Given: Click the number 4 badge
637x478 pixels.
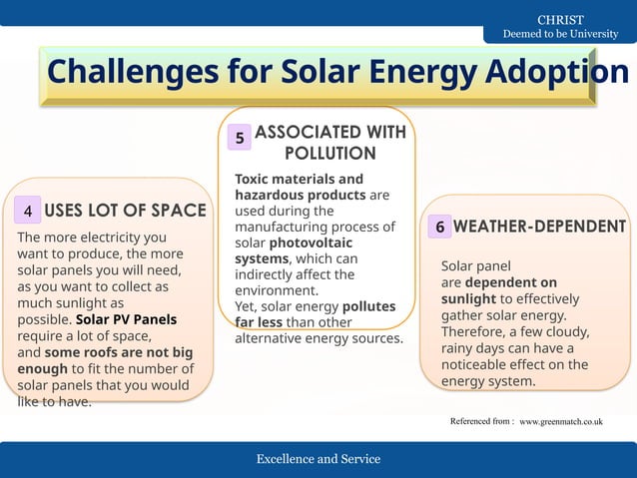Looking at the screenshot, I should tap(28, 211).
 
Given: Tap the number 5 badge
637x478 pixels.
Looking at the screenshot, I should tap(240, 138).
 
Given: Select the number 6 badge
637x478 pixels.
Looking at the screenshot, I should tap(439, 228).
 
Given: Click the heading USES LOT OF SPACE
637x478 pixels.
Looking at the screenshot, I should tap(126, 211).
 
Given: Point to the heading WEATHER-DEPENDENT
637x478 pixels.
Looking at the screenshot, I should tap(539, 227).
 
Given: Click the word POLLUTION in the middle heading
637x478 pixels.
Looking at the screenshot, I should tap(329, 154).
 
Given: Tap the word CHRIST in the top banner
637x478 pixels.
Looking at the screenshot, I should tap(560, 20).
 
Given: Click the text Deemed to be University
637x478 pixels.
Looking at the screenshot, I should tap(560, 34).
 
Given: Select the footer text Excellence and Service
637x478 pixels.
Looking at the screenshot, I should tap(318, 459).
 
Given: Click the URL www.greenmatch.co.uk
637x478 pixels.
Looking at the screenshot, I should tap(561, 422).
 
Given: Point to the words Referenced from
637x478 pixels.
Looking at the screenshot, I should tap(481, 422).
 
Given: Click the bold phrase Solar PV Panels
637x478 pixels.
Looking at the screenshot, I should tap(126, 320).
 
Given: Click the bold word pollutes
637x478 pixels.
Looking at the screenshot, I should tap(368, 306).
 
